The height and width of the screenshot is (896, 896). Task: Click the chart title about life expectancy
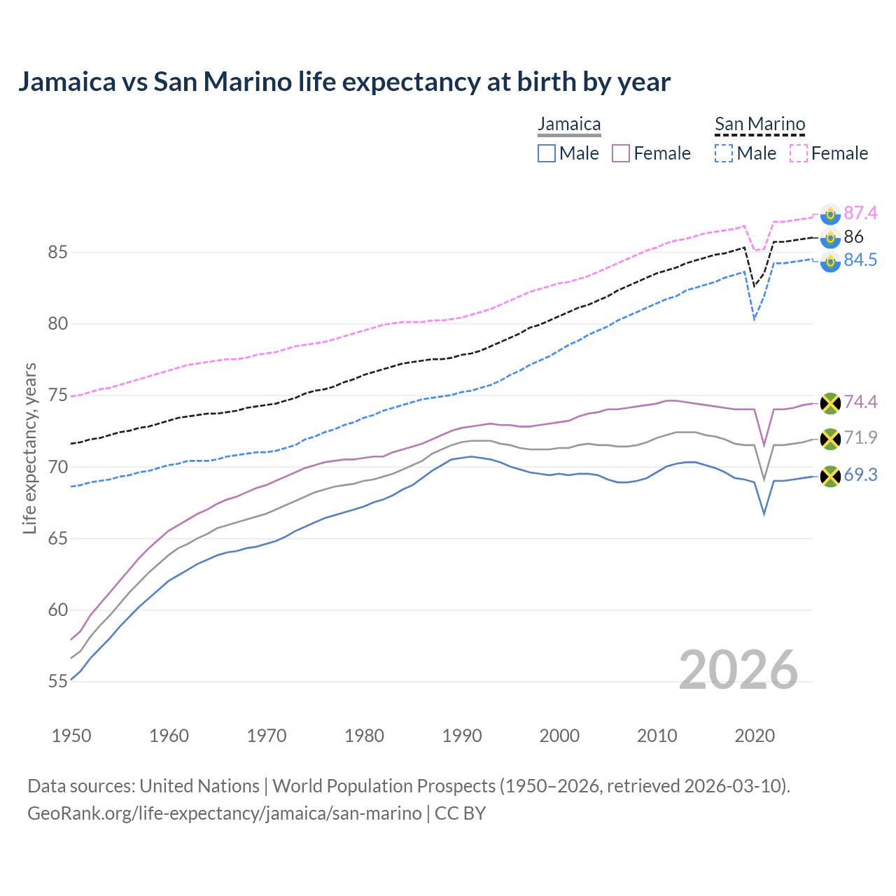[x=344, y=82]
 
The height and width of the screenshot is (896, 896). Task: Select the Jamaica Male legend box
[x=547, y=153]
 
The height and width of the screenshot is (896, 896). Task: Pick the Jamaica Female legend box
[x=621, y=153]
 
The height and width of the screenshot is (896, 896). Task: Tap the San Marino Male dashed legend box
[x=724, y=153]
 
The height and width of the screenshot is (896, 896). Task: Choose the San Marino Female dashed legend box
[x=799, y=153]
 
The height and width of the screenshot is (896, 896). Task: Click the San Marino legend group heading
[x=759, y=125]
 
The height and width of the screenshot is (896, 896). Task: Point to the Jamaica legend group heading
[x=569, y=125]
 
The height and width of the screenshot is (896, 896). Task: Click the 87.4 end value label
[x=860, y=213]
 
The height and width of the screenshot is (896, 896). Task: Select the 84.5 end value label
[x=860, y=260]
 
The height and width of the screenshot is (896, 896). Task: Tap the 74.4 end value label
[x=860, y=402]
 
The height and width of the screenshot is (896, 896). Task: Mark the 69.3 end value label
[x=860, y=475]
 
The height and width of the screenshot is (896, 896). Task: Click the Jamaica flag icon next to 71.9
[x=830, y=439]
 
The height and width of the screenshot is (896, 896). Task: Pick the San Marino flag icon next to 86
[x=830, y=237]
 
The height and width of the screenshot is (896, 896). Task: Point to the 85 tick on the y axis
[x=57, y=252]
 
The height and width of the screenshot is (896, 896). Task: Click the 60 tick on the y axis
[x=57, y=610]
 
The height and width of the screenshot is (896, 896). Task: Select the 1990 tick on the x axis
[x=462, y=736]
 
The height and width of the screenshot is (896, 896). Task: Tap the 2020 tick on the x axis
[x=755, y=736]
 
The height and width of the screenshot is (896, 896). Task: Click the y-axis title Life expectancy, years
[x=30, y=448]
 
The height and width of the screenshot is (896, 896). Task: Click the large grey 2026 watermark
[x=738, y=670]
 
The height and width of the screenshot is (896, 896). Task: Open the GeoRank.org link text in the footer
[x=224, y=813]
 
